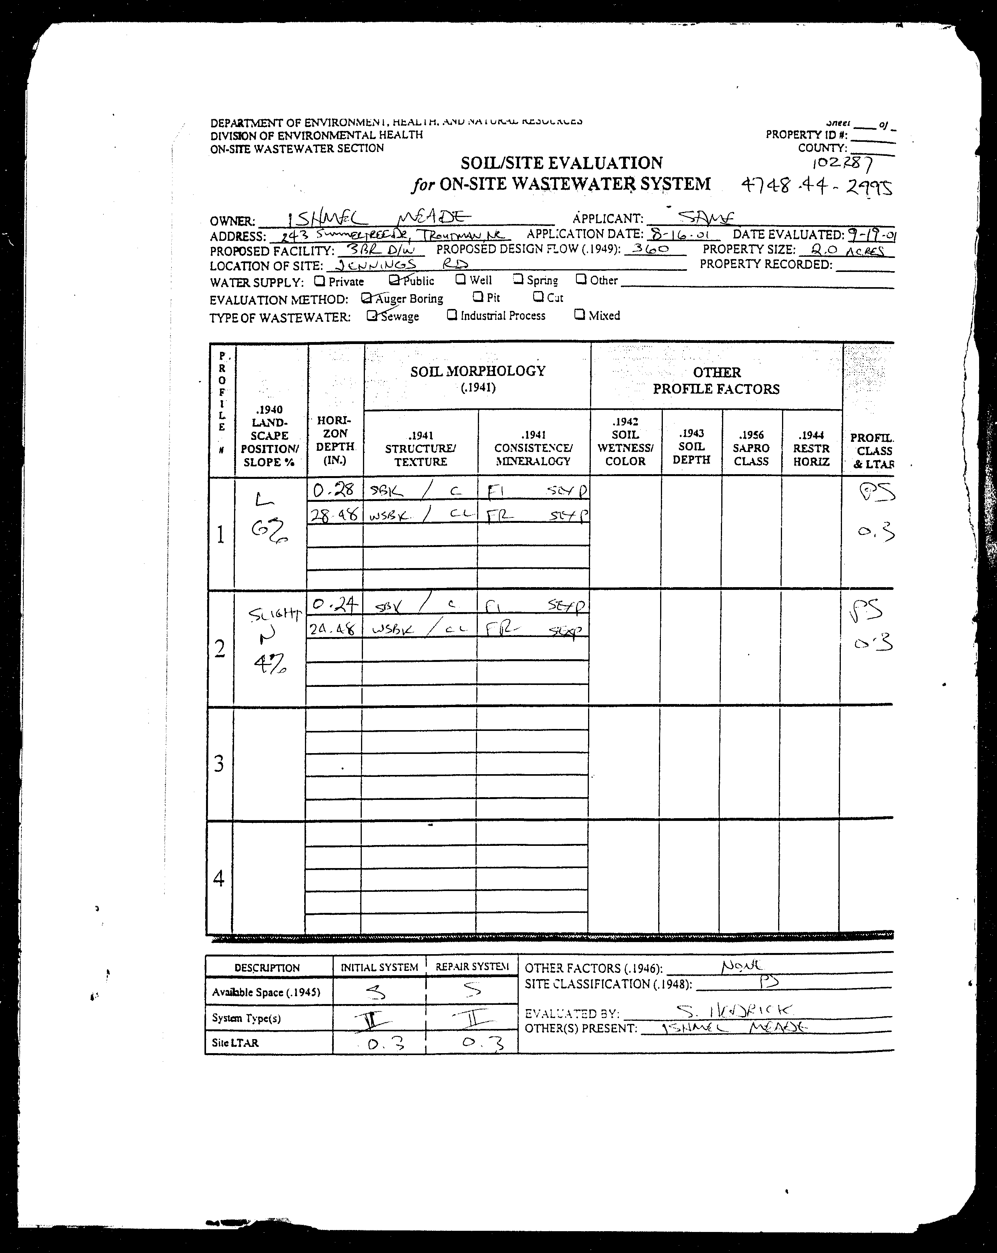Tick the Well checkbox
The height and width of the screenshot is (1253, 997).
460,279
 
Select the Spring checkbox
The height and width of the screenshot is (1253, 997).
518,279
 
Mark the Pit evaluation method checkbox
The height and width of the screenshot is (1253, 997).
477,297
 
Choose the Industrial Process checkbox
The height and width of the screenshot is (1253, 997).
451,315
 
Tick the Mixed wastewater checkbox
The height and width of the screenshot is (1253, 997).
579,314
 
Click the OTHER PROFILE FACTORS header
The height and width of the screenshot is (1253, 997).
716,381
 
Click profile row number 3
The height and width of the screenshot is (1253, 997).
219,763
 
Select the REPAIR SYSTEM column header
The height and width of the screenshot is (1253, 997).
471,967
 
